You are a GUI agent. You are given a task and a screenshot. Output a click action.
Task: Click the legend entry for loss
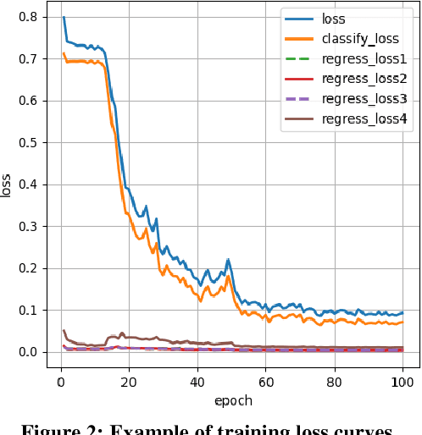pos(334,18)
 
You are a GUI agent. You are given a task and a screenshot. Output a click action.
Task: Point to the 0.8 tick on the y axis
pos(28,17)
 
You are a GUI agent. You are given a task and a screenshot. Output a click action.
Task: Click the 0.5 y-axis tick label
pos(28,142)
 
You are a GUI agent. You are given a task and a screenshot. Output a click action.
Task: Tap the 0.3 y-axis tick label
pos(28,226)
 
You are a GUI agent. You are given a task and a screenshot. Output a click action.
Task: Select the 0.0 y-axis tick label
pos(28,352)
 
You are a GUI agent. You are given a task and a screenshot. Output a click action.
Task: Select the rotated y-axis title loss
pos(8,184)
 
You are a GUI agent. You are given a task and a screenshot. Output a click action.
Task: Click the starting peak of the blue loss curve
pos(64,18)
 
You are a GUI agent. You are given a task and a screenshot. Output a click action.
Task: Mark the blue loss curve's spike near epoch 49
pos(227,260)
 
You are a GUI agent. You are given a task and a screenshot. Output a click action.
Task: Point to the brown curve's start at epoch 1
pos(64,331)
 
